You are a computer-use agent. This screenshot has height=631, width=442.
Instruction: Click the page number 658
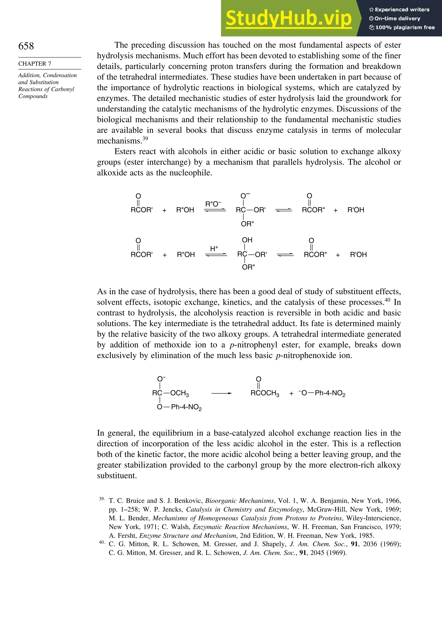pos(26,46)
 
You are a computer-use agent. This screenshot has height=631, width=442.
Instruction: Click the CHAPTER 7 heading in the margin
pos(35,63)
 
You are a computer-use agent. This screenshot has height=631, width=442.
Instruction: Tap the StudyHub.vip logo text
pos(289,18)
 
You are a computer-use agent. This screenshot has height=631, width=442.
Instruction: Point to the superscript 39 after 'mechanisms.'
pos(145,138)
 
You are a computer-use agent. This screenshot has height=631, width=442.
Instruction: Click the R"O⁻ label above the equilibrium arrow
pos(213,204)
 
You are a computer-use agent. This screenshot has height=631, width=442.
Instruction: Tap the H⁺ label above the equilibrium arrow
pos(214,248)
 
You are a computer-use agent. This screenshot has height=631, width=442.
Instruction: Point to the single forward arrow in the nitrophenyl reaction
pos(221,393)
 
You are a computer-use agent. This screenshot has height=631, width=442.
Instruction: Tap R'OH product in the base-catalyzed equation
pos(356,210)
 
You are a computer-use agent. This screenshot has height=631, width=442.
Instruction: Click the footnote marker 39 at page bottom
pos(101,499)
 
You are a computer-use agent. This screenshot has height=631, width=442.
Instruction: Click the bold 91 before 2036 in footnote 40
pos(355,544)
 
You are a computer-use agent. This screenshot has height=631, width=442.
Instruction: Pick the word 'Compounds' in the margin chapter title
pos(33,96)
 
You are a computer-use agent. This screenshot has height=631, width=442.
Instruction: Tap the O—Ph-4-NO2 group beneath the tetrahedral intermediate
pos(179,407)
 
